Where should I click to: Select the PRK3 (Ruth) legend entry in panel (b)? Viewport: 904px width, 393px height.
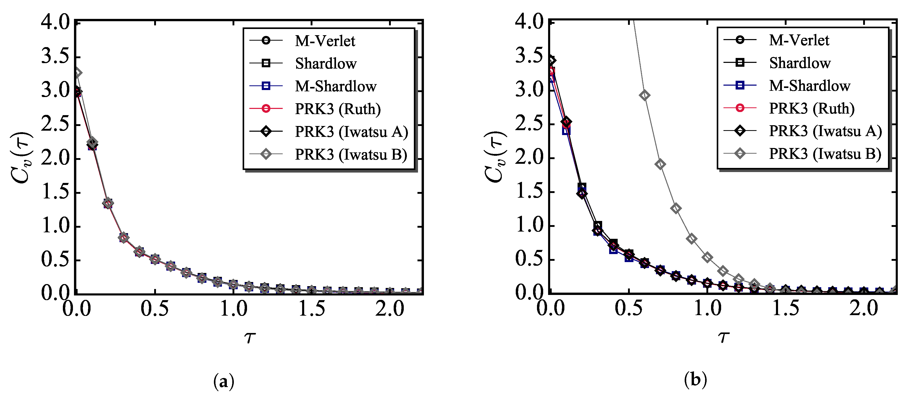(x=811, y=108)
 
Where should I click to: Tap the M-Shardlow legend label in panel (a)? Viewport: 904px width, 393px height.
(x=335, y=86)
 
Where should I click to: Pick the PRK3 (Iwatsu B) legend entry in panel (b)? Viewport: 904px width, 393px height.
(x=825, y=154)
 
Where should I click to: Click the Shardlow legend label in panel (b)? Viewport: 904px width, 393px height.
(x=800, y=63)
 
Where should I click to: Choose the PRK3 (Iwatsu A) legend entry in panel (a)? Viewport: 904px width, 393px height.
(x=351, y=132)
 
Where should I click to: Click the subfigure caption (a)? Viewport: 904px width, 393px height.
(x=223, y=381)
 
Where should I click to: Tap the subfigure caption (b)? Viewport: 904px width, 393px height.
(x=695, y=380)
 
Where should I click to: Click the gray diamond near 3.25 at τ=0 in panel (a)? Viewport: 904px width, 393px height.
(x=78, y=73)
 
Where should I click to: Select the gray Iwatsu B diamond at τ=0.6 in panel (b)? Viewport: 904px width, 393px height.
(x=644, y=95)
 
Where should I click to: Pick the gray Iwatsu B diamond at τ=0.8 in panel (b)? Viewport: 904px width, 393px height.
(x=676, y=209)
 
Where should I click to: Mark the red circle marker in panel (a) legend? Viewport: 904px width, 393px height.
(x=266, y=109)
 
